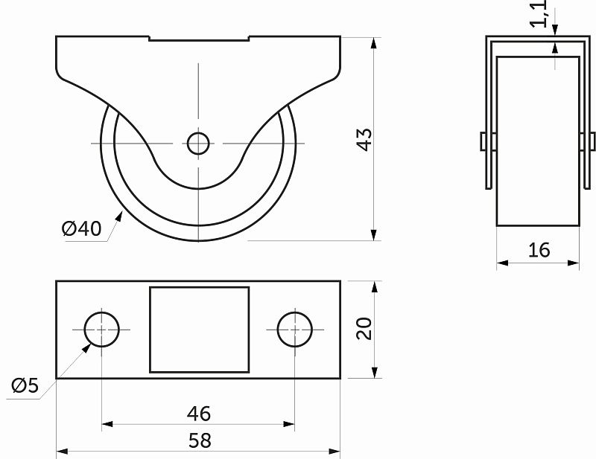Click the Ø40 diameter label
pyautogui.click(x=82, y=229)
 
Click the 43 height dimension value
pyautogui.click(x=364, y=139)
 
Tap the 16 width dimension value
pyautogui.click(x=539, y=250)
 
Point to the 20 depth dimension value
pyautogui.click(x=364, y=329)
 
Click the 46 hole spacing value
pyautogui.click(x=198, y=413)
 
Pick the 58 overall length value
pyautogui.click(x=199, y=440)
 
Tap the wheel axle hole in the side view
pyautogui.click(x=198, y=143)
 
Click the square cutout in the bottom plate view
pyautogui.click(x=199, y=329)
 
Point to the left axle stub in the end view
pyautogui.click(x=484, y=141)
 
